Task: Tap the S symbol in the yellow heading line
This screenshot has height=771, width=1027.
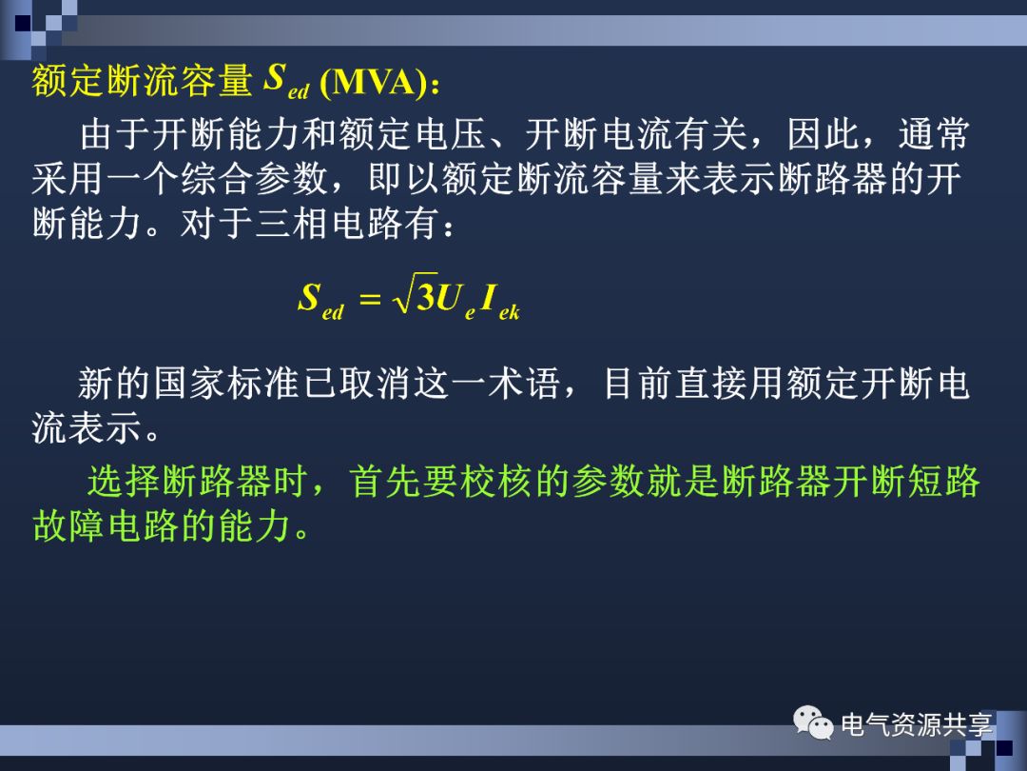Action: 275,78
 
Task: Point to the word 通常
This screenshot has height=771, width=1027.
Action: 934,136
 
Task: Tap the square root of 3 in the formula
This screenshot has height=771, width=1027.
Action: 415,298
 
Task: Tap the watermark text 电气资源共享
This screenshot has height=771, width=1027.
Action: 917,725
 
